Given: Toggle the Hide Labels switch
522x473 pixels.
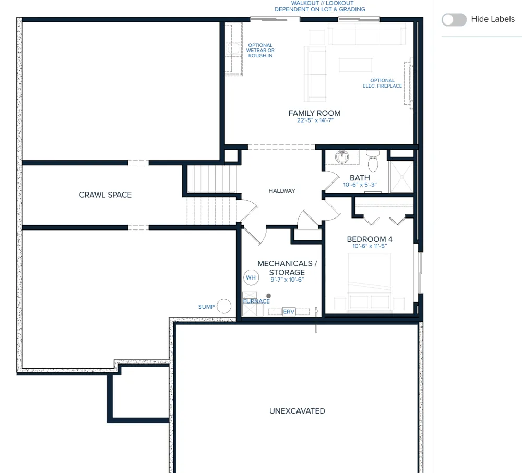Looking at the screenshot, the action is (x=454, y=20).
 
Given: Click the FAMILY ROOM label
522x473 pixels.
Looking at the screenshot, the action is (x=314, y=113).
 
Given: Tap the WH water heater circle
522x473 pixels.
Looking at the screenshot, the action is (x=251, y=277).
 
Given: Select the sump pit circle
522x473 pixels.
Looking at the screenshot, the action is (x=224, y=306).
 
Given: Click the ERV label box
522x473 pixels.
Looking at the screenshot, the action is (x=289, y=312).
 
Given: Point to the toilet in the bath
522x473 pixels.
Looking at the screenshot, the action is (x=373, y=160).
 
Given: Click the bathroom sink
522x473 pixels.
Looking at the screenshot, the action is (x=342, y=156).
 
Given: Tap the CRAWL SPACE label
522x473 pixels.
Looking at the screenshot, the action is (x=105, y=195).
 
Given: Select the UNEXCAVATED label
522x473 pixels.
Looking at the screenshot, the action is (x=297, y=411).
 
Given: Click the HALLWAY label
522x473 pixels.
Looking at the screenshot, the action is (x=282, y=191).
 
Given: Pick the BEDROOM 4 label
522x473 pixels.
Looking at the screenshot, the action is (x=370, y=239).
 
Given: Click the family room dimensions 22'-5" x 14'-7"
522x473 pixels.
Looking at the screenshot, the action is (x=315, y=120).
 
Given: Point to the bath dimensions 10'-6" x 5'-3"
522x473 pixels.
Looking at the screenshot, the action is (x=360, y=185).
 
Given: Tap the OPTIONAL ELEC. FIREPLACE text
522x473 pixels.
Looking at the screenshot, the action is (x=382, y=83).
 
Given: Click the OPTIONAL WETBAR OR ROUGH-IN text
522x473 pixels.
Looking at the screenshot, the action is (x=260, y=51).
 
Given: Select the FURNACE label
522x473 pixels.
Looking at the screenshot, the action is (x=256, y=301).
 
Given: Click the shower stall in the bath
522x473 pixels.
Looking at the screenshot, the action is (x=401, y=177).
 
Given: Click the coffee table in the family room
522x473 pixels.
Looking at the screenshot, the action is (x=355, y=65).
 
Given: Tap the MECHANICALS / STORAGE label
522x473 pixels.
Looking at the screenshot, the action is (x=287, y=268).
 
